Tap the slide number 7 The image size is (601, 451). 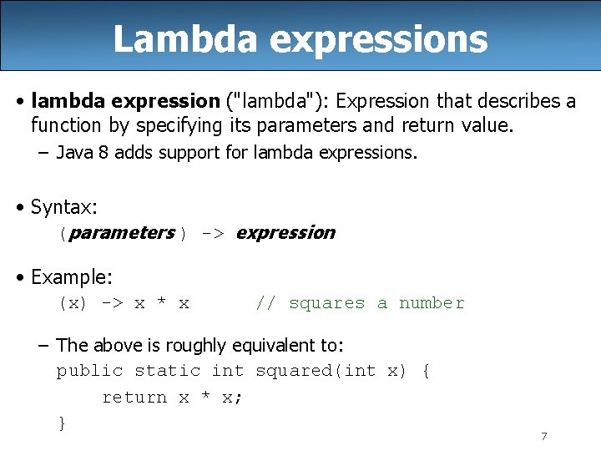tap(543, 436)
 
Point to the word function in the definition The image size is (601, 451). tap(66, 125)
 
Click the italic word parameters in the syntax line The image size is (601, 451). tap(122, 233)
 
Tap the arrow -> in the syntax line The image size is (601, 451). tap(212, 234)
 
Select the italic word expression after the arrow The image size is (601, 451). tap(285, 233)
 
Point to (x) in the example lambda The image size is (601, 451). tap(73, 303)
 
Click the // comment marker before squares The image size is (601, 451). tap(265, 303)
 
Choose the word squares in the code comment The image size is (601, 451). tap(326, 303)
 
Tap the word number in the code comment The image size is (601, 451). tap(432, 303)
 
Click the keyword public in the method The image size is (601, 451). tap(89, 371)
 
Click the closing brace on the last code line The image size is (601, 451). tap(61, 423)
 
